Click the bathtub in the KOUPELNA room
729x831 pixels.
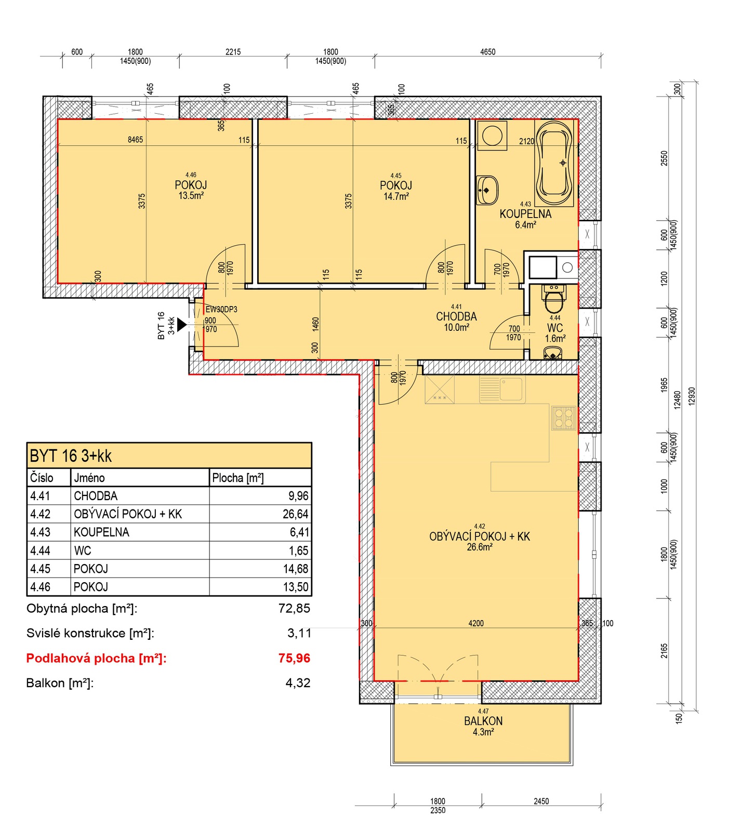click(x=555, y=163)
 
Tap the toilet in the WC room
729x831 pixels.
click(x=553, y=296)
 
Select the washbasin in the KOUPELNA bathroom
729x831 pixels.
click(x=487, y=190)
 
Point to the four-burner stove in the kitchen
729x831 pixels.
click(x=563, y=418)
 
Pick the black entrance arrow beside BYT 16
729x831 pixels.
click(x=182, y=325)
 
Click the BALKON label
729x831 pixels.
click(x=483, y=721)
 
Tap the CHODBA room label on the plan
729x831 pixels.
click(x=456, y=316)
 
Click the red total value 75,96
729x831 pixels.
click(x=294, y=658)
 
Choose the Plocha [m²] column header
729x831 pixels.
click(x=237, y=478)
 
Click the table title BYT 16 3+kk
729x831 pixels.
click(x=71, y=456)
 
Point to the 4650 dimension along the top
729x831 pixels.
click(x=487, y=52)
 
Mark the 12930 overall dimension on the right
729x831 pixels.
click(x=692, y=396)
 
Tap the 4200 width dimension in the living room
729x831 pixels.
click(x=476, y=623)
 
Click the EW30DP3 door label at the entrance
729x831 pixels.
click(x=221, y=310)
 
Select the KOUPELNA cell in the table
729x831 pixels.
click(x=101, y=532)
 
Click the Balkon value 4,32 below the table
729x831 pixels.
click(x=298, y=683)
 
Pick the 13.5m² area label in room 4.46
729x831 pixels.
click(x=191, y=196)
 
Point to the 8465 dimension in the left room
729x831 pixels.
click(x=135, y=140)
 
